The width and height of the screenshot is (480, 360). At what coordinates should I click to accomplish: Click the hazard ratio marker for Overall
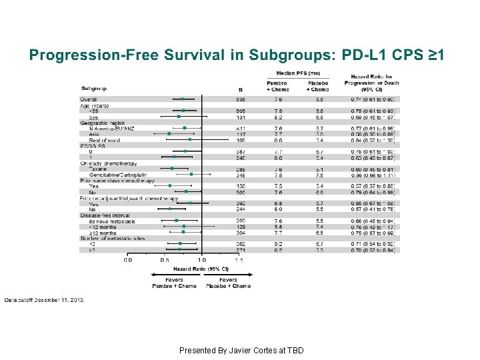point(183,99)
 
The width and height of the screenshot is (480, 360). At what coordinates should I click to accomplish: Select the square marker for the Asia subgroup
point(169,134)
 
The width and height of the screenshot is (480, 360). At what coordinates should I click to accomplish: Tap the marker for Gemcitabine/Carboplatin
point(191,175)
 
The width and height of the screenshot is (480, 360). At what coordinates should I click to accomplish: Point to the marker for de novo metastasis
point(176,221)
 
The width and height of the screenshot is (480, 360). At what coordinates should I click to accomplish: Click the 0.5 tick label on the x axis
point(165,260)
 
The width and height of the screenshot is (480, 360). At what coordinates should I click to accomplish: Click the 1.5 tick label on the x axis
point(239,260)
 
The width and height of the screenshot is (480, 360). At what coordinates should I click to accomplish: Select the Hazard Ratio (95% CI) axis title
point(201,269)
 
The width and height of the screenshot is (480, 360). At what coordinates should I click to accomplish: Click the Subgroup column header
point(94,88)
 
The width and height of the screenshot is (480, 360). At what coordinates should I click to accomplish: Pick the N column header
point(240,89)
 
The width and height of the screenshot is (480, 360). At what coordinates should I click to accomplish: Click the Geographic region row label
point(103,123)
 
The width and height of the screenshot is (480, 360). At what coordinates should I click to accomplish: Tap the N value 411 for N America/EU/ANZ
point(241,128)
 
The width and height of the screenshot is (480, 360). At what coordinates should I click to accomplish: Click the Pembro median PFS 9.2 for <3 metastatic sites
point(277,244)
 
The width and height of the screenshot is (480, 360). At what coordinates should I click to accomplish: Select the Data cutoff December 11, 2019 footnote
point(45,300)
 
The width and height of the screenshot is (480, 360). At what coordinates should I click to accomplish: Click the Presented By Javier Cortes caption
point(241,350)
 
